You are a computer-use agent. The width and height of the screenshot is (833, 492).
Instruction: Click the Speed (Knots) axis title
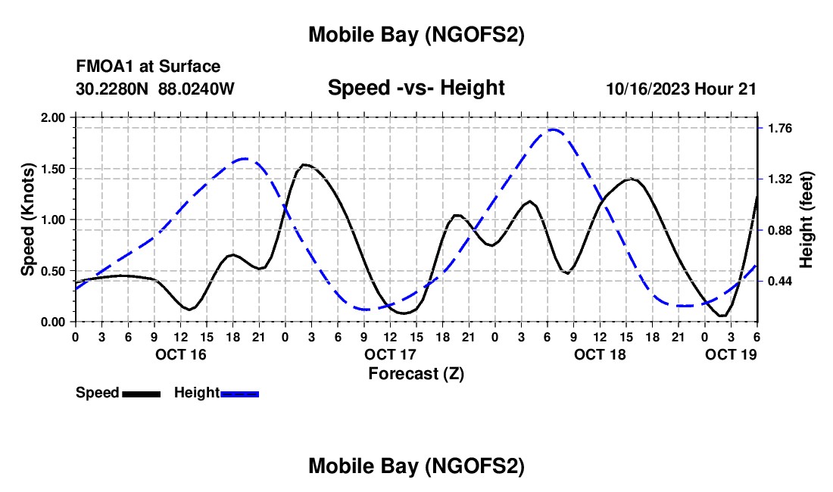coord(27,220)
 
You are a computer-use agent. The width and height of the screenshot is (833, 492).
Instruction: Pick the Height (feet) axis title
coord(806,220)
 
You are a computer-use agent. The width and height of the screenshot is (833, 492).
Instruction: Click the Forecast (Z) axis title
coord(416,373)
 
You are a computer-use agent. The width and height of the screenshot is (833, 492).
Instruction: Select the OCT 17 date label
coord(390,354)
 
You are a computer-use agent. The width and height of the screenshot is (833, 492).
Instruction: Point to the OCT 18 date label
coord(600,354)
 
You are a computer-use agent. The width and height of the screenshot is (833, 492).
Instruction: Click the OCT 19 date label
coord(732,354)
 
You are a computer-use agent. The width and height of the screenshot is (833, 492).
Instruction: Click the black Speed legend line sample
coord(141,393)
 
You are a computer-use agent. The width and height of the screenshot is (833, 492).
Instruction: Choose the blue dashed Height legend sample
coord(239,393)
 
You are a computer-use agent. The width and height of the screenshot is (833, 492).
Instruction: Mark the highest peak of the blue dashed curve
coord(553,129)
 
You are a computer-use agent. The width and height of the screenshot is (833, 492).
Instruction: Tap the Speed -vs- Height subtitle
coord(416,88)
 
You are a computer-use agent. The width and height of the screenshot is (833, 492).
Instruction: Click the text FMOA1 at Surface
coord(148,67)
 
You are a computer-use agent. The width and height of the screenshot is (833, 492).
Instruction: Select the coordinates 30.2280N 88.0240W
coord(155,89)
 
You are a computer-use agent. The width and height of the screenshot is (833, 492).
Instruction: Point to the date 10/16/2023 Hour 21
coord(681,89)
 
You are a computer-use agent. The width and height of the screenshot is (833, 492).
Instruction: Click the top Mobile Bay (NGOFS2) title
coord(416,35)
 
